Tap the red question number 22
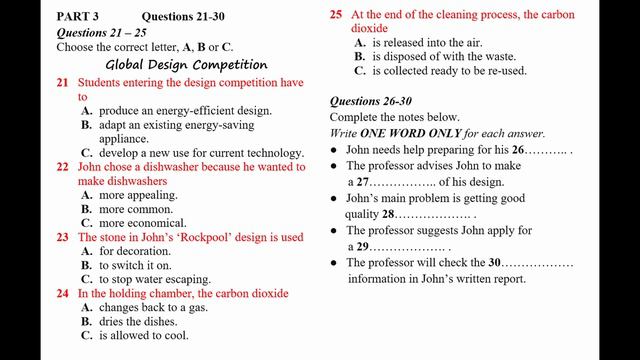(62, 167)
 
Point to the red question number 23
(62, 237)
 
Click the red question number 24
(62, 294)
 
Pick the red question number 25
(336, 15)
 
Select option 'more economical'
(142, 223)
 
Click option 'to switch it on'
(135, 266)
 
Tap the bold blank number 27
(363, 182)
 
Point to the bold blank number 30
(494, 263)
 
